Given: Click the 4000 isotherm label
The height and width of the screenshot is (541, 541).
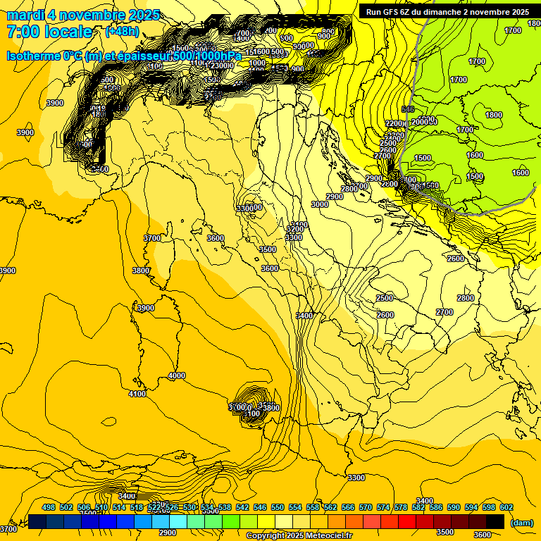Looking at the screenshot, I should pyautogui.click(x=176, y=375).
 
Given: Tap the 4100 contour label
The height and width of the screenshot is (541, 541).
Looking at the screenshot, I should pyautogui.click(x=137, y=394).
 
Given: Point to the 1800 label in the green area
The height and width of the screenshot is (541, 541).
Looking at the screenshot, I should pyautogui.click(x=494, y=115).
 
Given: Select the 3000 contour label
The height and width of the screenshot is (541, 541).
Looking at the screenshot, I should pyautogui.click(x=319, y=204).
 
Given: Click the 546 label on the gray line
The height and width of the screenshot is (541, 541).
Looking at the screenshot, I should pyautogui.click(x=407, y=109).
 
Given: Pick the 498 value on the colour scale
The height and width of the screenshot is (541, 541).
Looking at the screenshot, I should pyautogui.click(x=49, y=507).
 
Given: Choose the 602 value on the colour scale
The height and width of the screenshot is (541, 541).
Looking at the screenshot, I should pyautogui.click(x=506, y=507).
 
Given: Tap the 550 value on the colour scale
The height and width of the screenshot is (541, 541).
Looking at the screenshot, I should pyautogui.click(x=278, y=507).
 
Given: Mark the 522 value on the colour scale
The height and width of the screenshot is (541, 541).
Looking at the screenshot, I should pyautogui.click(x=154, y=507).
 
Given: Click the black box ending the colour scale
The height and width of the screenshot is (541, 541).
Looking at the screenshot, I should pyautogui.click(x=495, y=521).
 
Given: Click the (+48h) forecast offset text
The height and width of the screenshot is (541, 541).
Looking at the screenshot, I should pyautogui.click(x=121, y=32).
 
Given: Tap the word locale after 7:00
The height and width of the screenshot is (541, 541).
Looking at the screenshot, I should pyautogui.click(x=68, y=32).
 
